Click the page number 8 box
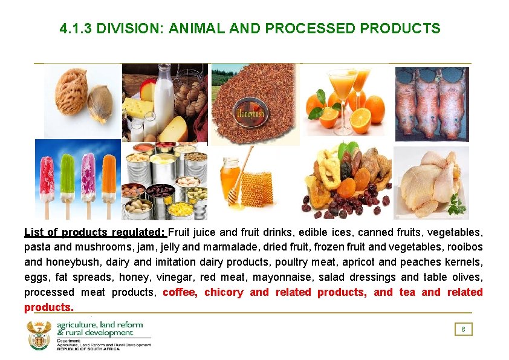click(463, 329)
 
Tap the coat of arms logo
click(39, 336)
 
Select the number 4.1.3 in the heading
click(76, 28)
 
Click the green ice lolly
click(68, 175)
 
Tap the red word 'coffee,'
click(181, 292)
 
